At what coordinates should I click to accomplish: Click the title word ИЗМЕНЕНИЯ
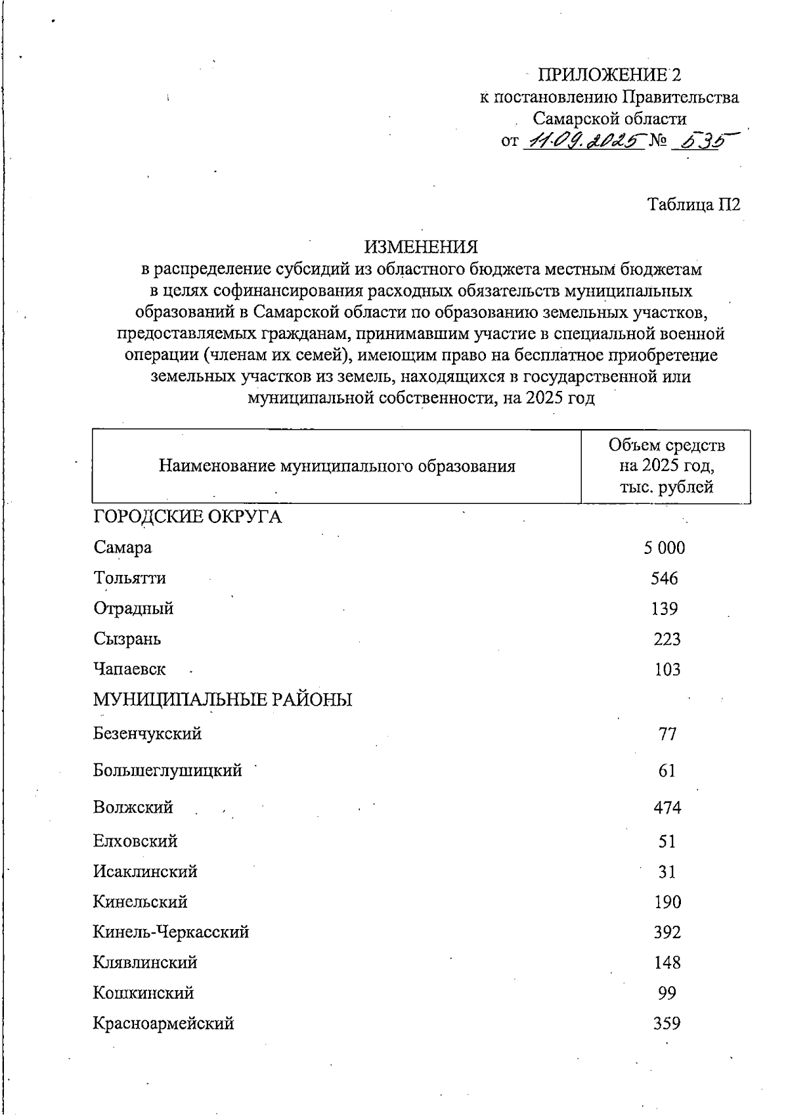point(422,247)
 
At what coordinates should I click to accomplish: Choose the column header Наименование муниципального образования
point(337,466)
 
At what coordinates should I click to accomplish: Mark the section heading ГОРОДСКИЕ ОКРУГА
point(187,517)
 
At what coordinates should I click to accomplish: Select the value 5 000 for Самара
point(665,548)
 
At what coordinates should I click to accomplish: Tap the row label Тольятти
point(130,578)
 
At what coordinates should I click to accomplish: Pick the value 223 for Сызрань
point(667,639)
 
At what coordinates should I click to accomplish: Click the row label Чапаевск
point(130,670)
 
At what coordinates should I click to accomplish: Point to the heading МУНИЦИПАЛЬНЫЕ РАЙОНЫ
point(223,700)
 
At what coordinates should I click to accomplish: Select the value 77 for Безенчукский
point(667,734)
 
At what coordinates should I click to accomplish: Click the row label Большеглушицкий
point(167,770)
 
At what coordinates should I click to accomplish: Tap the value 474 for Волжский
point(667,808)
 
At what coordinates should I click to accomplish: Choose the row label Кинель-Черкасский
point(171,932)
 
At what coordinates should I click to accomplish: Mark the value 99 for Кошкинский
point(667,993)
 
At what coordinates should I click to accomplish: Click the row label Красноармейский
point(164,1023)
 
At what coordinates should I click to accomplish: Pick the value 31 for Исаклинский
point(667,872)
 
